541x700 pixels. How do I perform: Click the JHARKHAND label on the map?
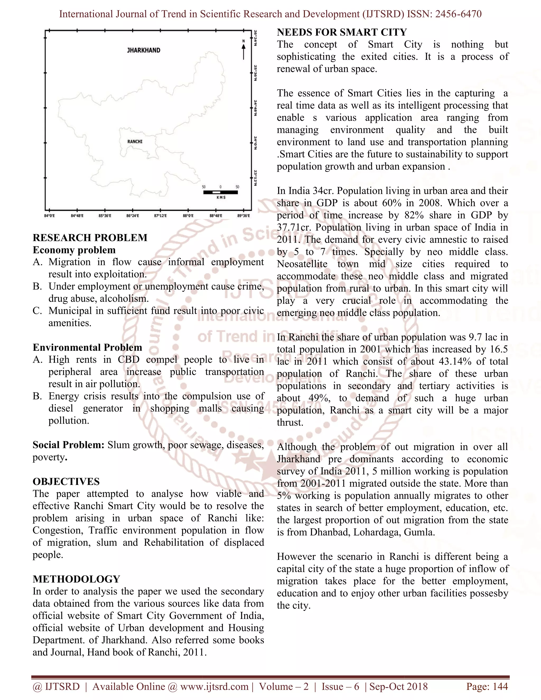pos(144,50)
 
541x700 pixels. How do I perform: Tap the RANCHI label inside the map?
pos(135,141)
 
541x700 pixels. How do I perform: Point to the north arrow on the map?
pos(244,50)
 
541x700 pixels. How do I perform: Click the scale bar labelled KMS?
pos(221,192)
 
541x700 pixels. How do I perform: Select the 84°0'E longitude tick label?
pos(49,216)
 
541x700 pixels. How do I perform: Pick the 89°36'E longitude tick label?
pos(243,216)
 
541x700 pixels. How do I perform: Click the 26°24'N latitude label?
pos(255,38)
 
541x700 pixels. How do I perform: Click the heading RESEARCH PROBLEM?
pos(90,237)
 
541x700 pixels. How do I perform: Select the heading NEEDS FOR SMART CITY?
pos(342,32)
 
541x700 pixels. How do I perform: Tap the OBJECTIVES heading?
pos(66,481)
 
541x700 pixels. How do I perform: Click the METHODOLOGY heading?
pos(76,579)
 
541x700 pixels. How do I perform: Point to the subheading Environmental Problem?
pos(87,347)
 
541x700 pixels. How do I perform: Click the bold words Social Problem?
pos(68,445)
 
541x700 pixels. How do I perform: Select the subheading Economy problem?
pos(74,250)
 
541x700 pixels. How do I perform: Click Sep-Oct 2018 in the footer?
pos(398,686)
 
